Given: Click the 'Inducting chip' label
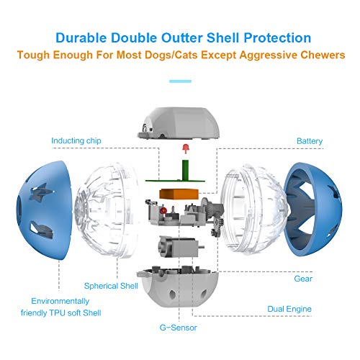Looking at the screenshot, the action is point(76,140).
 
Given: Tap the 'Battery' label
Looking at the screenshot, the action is point(310,141).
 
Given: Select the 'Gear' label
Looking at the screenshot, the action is point(303,279).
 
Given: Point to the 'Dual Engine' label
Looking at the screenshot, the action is point(289,309).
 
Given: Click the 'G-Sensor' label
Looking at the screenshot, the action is point(178,328).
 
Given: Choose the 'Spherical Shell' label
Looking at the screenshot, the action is point(111,286).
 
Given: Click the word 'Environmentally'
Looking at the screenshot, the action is point(60,301).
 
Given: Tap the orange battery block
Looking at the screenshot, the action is point(179,194).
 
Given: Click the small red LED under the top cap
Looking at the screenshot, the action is point(185,148).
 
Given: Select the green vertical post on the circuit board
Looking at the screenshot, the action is point(185,170).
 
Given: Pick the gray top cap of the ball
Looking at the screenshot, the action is point(179,124).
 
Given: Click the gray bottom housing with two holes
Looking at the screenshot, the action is point(178,287).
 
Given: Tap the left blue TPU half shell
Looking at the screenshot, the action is point(45,210).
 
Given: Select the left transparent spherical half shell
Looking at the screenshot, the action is point(107,210).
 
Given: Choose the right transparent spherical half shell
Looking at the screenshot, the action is point(254,210).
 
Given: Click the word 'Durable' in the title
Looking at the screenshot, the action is point(81,38).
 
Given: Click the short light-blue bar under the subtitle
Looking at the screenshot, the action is point(180,81).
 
